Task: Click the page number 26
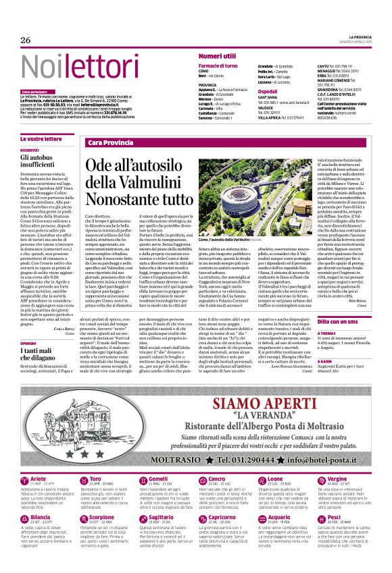(x=26, y=40)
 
